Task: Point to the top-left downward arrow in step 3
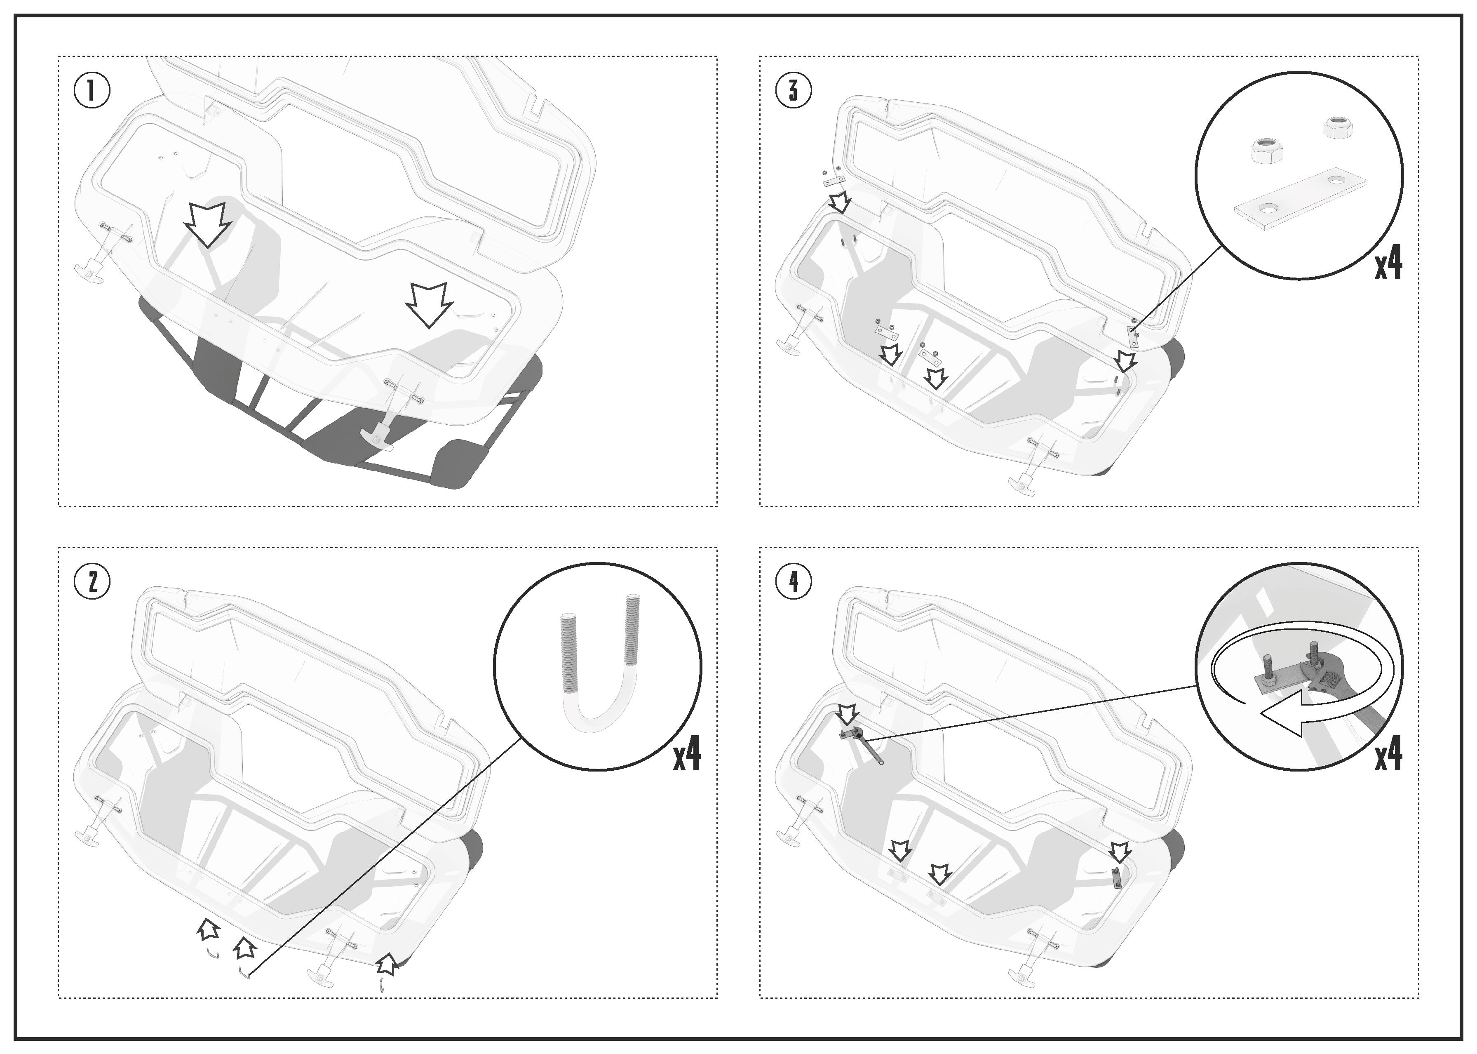841,201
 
